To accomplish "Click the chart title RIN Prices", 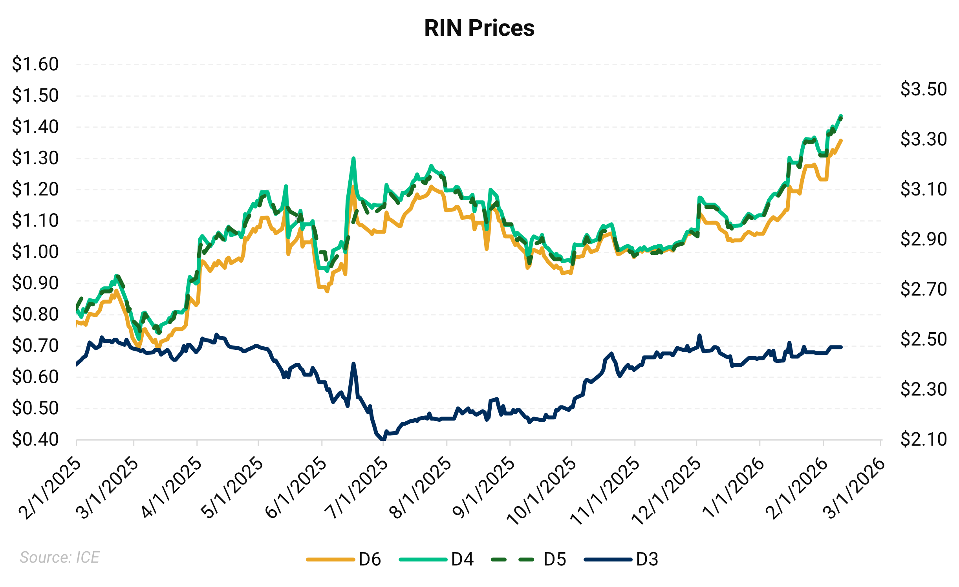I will (479, 28).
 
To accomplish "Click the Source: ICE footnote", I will (60, 557).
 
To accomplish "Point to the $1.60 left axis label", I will (35, 64).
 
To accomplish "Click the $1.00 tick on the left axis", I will (35, 252).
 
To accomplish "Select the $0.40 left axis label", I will (35, 439).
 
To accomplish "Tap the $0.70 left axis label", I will (35, 346).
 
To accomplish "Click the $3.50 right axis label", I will (924, 89).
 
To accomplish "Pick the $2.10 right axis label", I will (924, 439).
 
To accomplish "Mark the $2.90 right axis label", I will (924, 239).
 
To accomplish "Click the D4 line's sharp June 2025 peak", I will (353, 158).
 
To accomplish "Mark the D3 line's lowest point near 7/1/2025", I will (382, 439).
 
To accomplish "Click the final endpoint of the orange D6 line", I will (841, 140).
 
